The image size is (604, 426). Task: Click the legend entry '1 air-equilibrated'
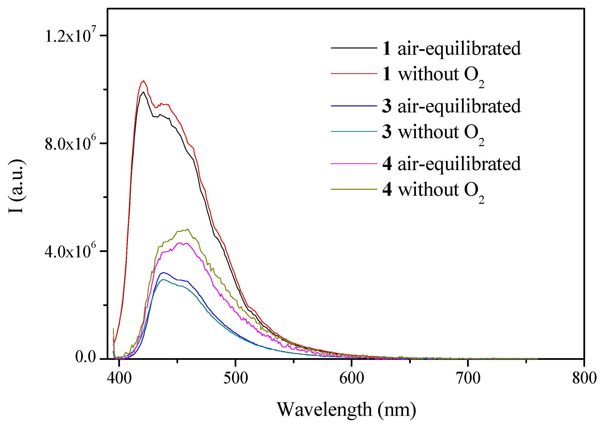(451, 48)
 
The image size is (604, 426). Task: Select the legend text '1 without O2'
(433, 74)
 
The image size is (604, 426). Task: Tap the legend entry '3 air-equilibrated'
(451, 106)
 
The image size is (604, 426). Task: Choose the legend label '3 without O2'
(433, 132)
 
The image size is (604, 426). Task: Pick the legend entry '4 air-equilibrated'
(451, 164)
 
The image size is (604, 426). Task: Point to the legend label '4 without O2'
(433, 190)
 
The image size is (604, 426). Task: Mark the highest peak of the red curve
(143, 81)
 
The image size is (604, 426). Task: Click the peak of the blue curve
(163, 272)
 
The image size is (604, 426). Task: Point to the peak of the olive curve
(187, 229)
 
